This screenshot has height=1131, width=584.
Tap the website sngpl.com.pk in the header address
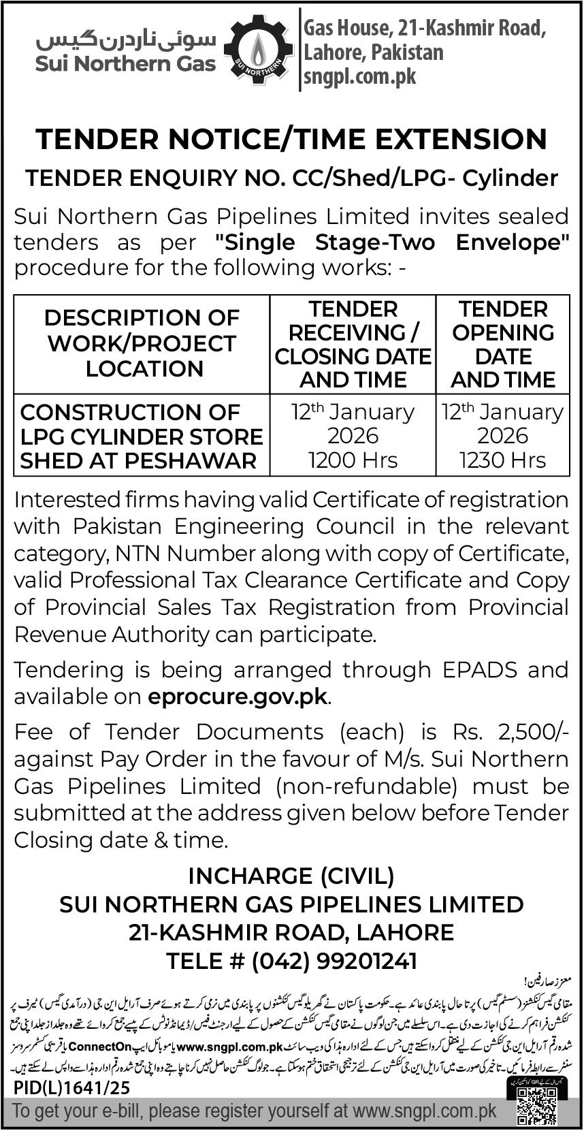[x=359, y=76]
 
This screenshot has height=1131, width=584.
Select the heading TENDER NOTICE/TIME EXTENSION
[x=291, y=139]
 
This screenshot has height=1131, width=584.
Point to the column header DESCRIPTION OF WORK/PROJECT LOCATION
[x=143, y=343]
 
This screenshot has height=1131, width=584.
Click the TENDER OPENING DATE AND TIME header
[x=502, y=344]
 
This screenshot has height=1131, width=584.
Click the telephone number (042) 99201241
[x=334, y=961]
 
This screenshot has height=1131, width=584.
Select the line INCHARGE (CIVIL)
[x=291, y=875]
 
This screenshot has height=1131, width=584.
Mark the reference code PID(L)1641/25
[x=71, y=1088]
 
